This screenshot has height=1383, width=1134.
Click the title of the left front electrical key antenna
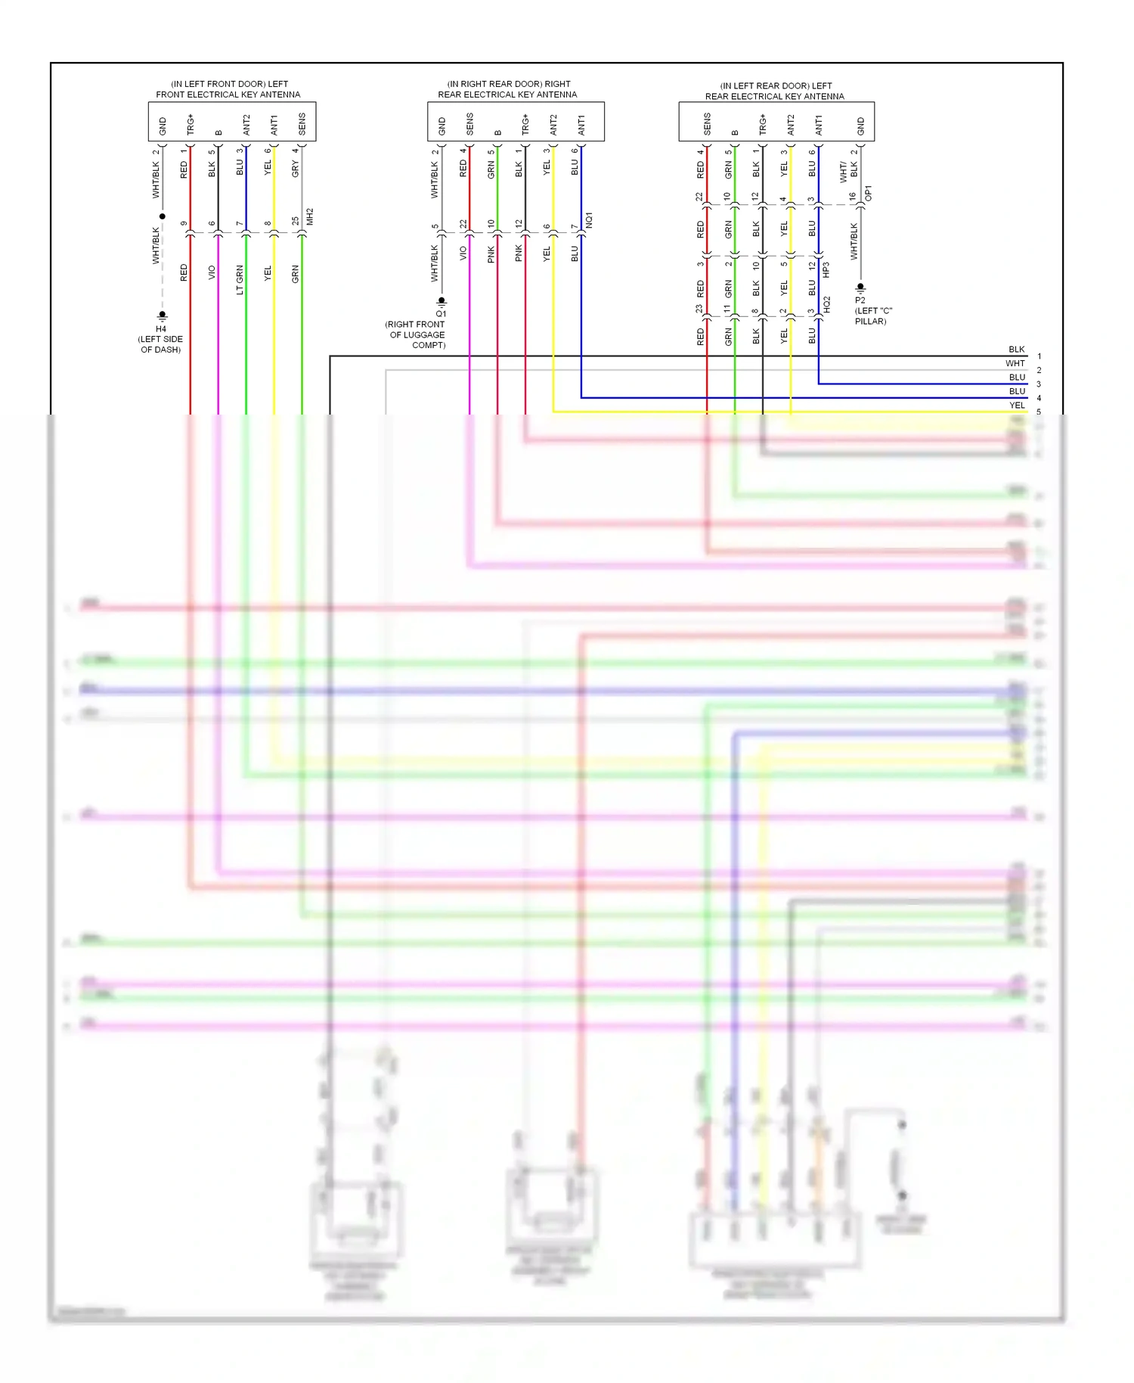tap(228, 89)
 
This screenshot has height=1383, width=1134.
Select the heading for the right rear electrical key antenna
tap(507, 89)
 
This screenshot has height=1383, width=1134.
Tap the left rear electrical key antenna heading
tap(775, 91)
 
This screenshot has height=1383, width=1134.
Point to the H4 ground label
tap(161, 329)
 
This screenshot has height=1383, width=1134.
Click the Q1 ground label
tap(441, 313)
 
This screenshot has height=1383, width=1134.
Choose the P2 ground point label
tap(860, 300)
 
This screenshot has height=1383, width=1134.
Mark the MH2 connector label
tap(310, 216)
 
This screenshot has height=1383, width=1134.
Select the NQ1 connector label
tap(589, 220)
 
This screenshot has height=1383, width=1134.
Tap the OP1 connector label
tap(868, 193)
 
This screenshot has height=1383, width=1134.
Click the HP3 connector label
tap(826, 269)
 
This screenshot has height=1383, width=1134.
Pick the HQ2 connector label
tap(826, 304)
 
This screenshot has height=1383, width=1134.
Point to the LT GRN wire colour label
tap(240, 279)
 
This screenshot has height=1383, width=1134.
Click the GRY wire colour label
tap(296, 169)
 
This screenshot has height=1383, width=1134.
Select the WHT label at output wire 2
tap(1015, 363)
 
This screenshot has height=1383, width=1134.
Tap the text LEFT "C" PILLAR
tap(873, 315)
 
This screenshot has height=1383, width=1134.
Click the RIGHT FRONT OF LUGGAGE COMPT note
tap(416, 334)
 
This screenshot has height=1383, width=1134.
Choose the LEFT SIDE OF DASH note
tap(160, 344)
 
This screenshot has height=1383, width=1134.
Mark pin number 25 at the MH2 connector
tap(296, 221)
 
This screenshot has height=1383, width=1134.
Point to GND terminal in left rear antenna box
tap(860, 126)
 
